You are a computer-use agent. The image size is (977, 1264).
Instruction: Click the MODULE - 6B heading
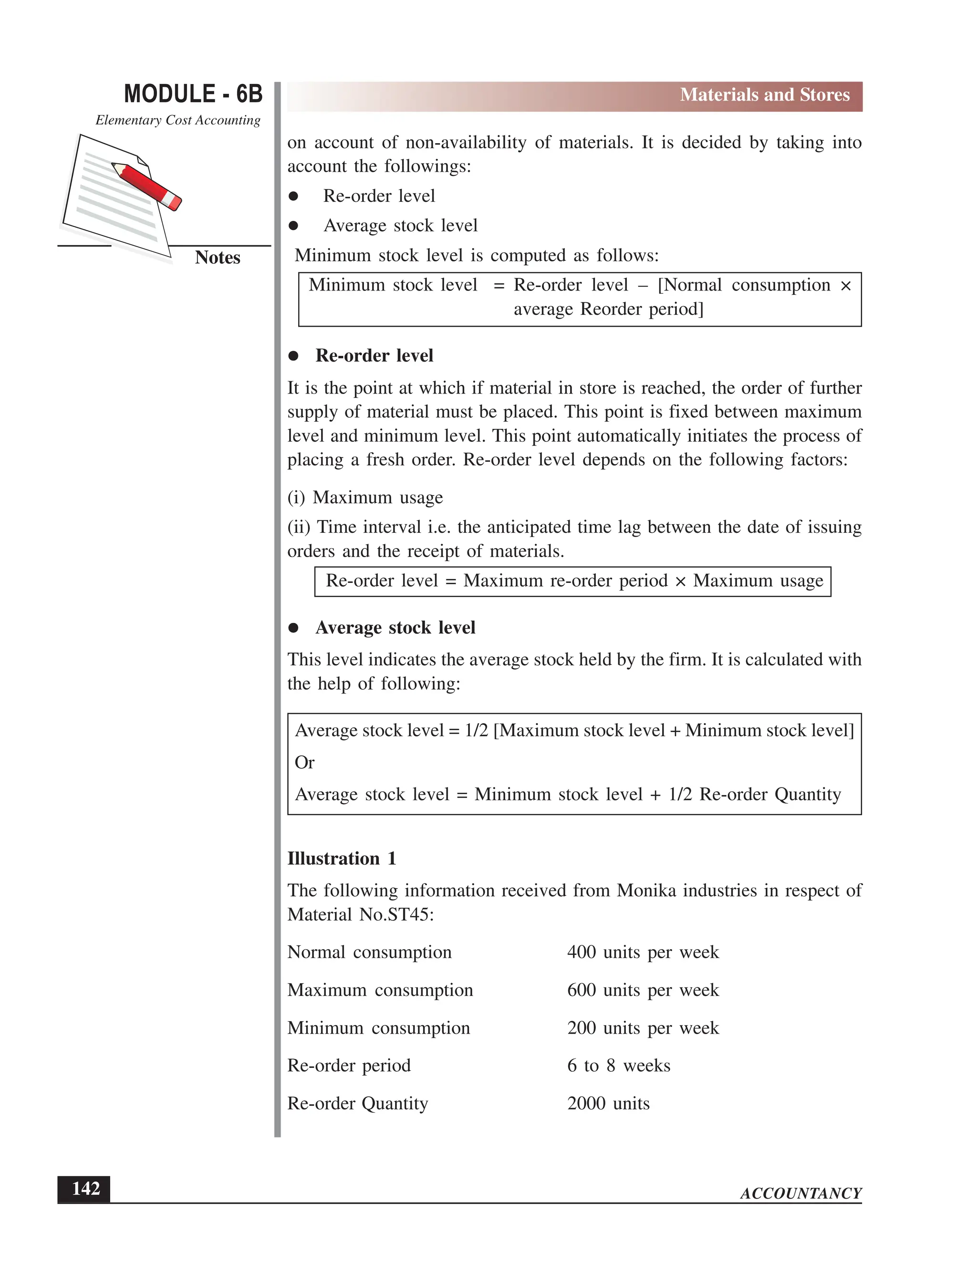tap(193, 94)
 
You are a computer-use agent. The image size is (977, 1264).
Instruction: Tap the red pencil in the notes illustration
tap(147, 185)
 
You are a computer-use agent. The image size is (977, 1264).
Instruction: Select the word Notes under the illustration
tap(217, 258)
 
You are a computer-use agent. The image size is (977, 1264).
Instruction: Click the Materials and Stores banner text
tap(764, 95)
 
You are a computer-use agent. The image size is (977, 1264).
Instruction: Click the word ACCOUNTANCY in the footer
tap(800, 1193)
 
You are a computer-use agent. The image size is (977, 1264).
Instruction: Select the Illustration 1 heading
tap(342, 858)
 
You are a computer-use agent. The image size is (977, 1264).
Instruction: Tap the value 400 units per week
tap(643, 952)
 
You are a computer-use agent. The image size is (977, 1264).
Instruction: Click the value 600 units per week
tap(643, 990)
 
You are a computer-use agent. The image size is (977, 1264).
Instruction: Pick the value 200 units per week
tap(643, 1028)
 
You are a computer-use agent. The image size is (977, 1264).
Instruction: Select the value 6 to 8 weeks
tap(618, 1066)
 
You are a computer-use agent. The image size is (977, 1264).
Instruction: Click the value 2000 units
tap(608, 1103)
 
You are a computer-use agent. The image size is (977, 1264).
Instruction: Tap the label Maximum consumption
tap(380, 990)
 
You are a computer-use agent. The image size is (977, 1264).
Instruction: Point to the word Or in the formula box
tap(304, 763)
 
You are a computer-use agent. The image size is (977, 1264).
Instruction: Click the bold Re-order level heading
tap(374, 355)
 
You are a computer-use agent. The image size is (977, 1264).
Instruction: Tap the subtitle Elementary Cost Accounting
tap(177, 120)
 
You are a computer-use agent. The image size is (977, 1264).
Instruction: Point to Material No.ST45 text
tap(360, 914)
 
